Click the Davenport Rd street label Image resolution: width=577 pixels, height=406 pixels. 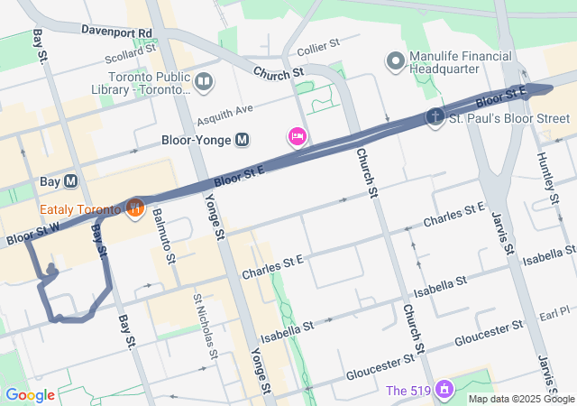[x=116, y=30]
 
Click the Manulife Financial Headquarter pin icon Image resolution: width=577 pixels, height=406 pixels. [x=395, y=61]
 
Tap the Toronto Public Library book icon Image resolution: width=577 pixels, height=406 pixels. [x=204, y=83]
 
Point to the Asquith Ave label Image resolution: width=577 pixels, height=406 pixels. [x=228, y=111]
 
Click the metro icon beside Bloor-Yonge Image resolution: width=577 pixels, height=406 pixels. [x=242, y=140]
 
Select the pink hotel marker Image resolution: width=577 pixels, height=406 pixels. [x=296, y=137]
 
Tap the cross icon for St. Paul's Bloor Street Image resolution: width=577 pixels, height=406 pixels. [x=435, y=117]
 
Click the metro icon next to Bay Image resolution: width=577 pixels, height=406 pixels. [x=70, y=181]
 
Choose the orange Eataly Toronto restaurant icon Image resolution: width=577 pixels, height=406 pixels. [x=135, y=208]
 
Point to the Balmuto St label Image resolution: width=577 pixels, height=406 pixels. [x=165, y=233]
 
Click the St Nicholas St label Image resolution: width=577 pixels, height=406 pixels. [x=205, y=324]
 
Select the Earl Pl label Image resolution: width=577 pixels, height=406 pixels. [x=555, y=311]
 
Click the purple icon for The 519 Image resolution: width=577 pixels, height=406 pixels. [x=443, y=390]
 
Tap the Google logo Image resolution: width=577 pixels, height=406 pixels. [x=30, y=394]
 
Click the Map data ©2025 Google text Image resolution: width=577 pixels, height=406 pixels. [x=520, y=398]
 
